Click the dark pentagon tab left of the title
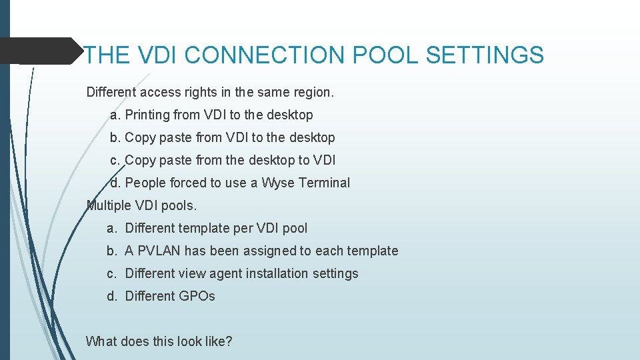pyautogui.click(x=40, y=51)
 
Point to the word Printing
pyautogui.click(x=147, y=115)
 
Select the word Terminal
pyautogui.click(x=325, y=183)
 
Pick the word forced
pyautogui.click(x=189, y=183)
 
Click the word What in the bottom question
pyautogui.click(x=100, y=341)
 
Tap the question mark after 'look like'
pyautogui.click(x=229, y=341)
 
